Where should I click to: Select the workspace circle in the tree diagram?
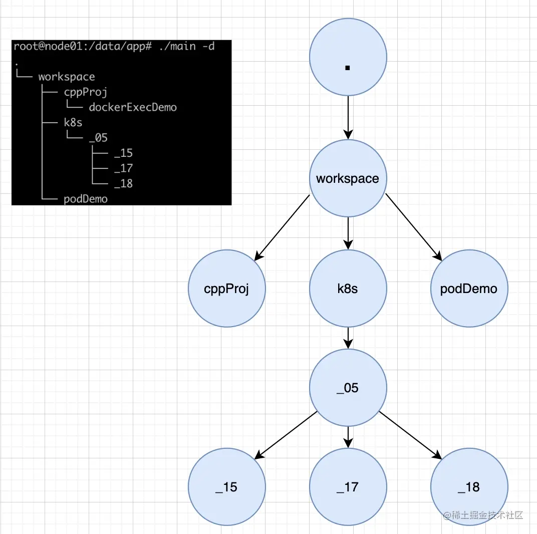[348, 178]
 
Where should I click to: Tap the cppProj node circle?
[226, 289]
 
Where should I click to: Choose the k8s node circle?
[348, 289]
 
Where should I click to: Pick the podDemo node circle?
[469, 289]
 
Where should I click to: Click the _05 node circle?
[348, 388]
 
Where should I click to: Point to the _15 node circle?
[226, 486]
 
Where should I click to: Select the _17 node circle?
[348, 486]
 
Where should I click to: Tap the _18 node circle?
[469, 486]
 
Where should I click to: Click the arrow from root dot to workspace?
[348, 118]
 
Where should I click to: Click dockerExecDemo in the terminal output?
[133, 107]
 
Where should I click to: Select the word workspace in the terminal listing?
[67, 77]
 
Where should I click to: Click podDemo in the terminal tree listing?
[86, 199]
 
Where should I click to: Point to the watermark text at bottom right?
[483, 515]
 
